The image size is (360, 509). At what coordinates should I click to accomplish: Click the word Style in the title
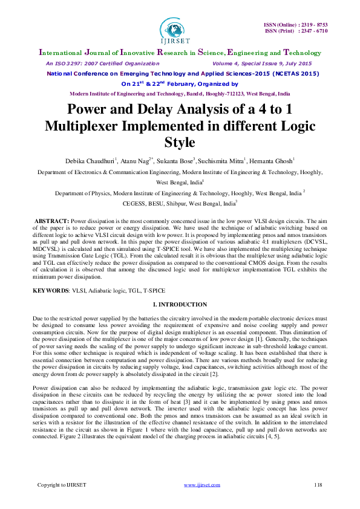[180, 143]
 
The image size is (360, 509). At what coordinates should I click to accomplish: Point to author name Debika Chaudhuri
[88, 161]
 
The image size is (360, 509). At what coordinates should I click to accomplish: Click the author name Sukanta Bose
[174, 161]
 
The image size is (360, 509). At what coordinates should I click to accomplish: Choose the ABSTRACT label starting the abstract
[51, 222]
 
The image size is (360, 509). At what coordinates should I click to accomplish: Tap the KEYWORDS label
[50, 291]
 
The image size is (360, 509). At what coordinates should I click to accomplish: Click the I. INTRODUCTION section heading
[180, 304]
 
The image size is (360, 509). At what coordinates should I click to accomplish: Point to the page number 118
[318, 485]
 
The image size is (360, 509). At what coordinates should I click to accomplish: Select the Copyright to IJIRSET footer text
[60, 485]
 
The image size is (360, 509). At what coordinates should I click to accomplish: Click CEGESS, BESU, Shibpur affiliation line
[180, 204]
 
